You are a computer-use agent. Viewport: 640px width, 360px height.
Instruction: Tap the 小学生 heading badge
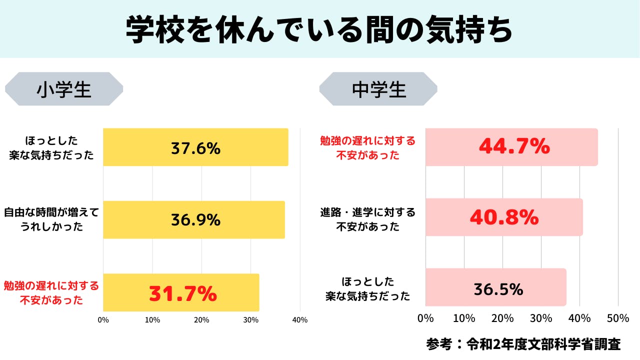pos(64,89)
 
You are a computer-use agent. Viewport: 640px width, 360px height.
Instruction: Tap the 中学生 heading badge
pos(378,89)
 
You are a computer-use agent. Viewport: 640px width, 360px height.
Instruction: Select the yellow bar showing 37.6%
pos(195,147)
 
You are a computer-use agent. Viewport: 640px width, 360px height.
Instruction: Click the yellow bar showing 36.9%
pos(194,220)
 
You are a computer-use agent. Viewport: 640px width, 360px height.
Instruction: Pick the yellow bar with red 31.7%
pos(181,292)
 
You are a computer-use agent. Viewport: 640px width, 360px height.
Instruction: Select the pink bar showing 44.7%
pos(511,147)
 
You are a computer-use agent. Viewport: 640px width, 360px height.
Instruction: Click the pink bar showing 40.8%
pos(504,217)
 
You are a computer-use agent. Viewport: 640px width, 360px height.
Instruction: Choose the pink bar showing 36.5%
pos(496,287)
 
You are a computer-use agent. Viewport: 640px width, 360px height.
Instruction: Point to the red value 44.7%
pos(514,146)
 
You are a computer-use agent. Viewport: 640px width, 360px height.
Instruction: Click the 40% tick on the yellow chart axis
pos(300,320)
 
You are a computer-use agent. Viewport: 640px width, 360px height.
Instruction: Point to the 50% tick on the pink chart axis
pos(618,318)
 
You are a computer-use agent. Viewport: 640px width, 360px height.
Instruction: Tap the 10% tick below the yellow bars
pos(152,320)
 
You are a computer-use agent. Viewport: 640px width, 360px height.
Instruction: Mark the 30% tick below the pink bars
pos(541,318)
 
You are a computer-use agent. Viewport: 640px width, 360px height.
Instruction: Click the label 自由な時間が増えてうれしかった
pos(51,219)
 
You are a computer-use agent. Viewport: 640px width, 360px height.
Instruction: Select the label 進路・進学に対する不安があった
pos(368,219)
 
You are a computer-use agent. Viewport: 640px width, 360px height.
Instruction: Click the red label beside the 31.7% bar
pos(51,293)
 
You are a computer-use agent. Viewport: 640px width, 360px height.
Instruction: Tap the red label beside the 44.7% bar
pos(368,147)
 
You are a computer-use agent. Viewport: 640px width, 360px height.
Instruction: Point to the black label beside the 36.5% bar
pos(368,288)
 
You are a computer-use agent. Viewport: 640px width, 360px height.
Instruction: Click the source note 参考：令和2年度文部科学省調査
pos(523,344)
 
